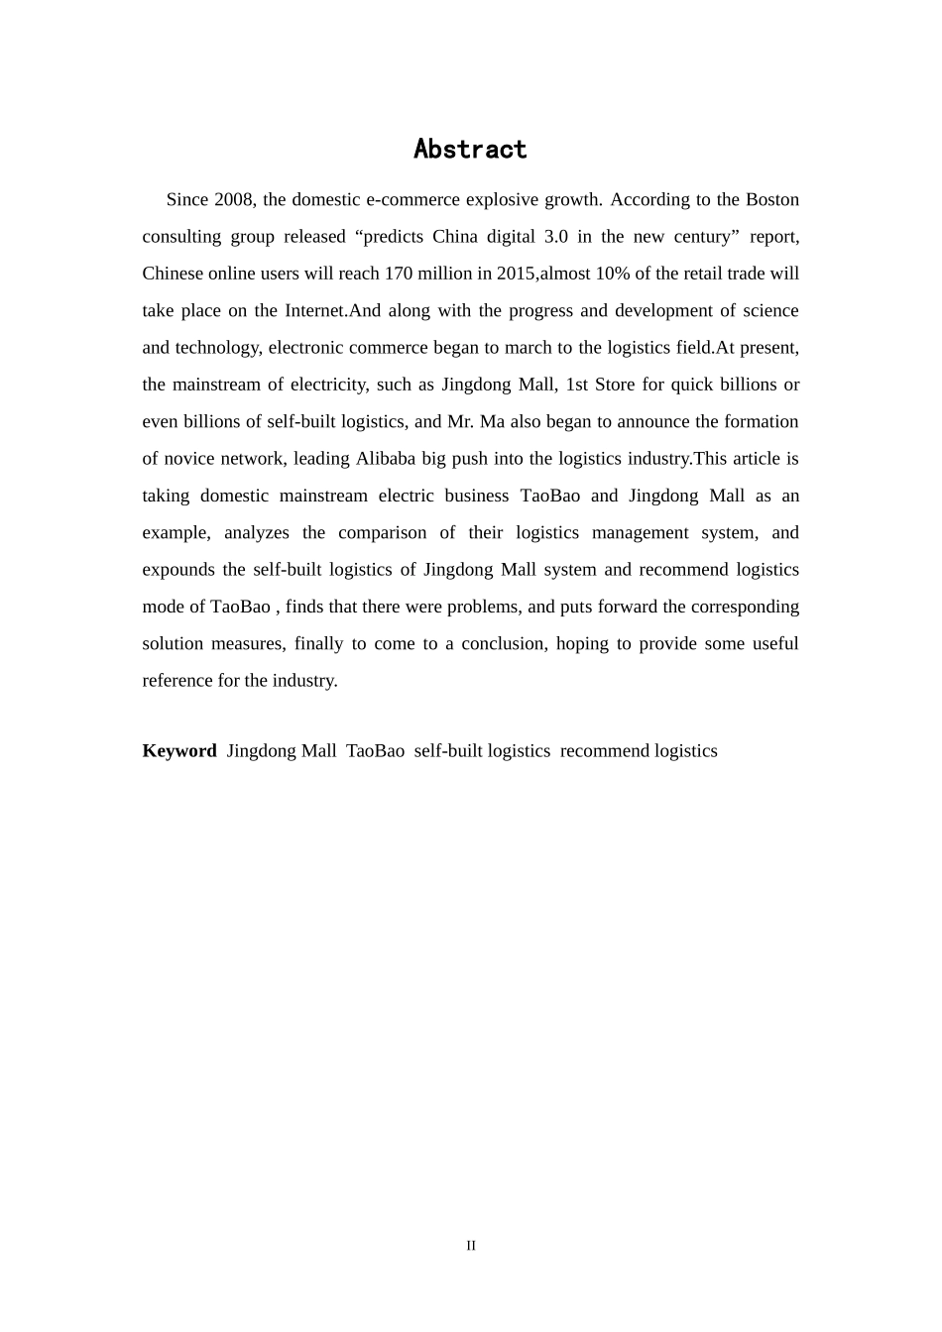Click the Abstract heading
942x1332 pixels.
pyautogui.click(x=470, y=150)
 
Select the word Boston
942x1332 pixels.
pyautogui.click(x=772, y=199)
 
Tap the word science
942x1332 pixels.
pyautogui.click(x=767, y=310)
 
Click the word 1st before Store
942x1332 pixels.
pyautogui.click(x=576, y=385)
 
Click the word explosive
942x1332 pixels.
pyautogui.click(x=478, y=199)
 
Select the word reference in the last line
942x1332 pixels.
pyautogui.click(x=178, y=681)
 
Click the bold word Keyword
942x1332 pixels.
pyautogui.click(x=179, y=751)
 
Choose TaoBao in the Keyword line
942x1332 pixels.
pyautogui.click(x=375, y=751)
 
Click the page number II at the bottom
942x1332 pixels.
pyautogui.click(x=471, y=1246)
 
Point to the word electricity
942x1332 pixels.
pyautogui.click(x=326, y=385)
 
